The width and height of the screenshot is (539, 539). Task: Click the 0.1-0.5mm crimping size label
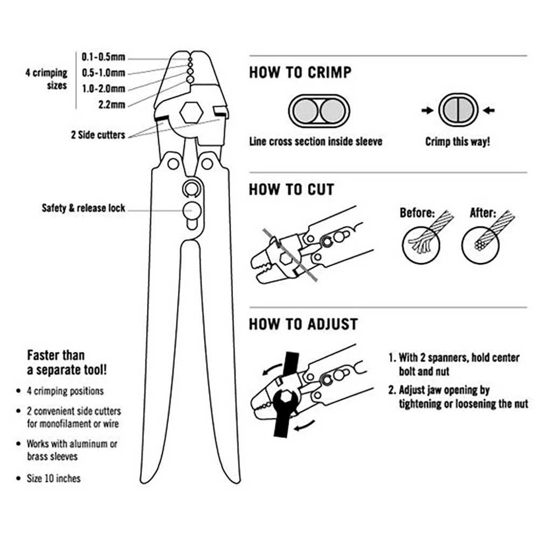103,57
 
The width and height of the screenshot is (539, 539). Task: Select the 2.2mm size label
112,104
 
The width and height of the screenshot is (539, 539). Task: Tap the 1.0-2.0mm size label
103,88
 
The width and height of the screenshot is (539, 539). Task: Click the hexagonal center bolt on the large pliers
191,113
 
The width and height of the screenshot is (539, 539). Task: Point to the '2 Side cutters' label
98,135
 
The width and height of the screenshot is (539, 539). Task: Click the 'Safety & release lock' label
84,208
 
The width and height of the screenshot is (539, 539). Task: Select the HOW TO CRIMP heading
300,73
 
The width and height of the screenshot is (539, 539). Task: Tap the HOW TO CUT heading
292,190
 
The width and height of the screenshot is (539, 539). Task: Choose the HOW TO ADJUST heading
303,324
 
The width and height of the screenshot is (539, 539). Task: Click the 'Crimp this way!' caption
458,142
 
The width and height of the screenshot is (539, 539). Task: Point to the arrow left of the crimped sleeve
427,110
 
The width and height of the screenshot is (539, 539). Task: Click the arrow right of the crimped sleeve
488,110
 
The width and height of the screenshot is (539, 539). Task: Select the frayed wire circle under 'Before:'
421,245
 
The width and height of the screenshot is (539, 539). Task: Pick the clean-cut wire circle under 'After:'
481,245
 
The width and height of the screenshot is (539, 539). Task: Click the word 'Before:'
417,213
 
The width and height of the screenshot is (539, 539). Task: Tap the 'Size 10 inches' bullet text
53,479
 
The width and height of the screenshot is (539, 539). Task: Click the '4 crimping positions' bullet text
65,391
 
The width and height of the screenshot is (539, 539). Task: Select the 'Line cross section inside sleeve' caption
315,142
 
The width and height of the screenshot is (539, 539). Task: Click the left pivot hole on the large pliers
173,164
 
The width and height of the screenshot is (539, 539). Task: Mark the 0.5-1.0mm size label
103,73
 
